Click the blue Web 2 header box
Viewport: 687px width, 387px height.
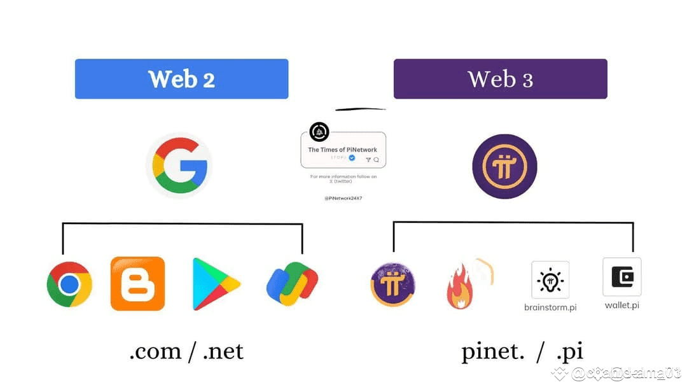pyautogui.click(x=181, y=79)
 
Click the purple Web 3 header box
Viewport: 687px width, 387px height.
pyautogui.click(x=500, y=79)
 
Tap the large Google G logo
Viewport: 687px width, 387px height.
pyautogui.click(x=179, y=165)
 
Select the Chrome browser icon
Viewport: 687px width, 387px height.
pyautogui.click(x=69, y=284)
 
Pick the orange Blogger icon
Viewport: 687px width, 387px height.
pyautogui.click(x=137, y=284)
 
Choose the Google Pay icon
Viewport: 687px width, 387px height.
pyautogui.click(x=293, y=284)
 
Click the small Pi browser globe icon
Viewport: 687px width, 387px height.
pyautogui.click(x=393, y=284)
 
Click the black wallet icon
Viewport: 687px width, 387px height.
pyautogui.click(x=621, y=277)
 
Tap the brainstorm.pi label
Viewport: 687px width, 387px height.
pyautogui.click(x=550, y=307)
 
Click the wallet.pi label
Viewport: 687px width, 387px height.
pyautogui.click(x=621, y=305)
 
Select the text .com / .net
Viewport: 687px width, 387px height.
pyautogui.click(x=186, y=351)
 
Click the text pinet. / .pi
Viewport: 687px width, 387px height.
pyautogui.click(x=522, y=351)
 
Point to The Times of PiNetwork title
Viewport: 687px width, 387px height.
pyautogui.click(x=342, y=150)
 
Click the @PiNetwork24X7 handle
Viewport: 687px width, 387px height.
pyautogui.click(x=343, y=198)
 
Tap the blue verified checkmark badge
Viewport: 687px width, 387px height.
pyautogui.click(x=352, y=157)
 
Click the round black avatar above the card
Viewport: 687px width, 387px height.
pyautogui.click(x=319, y=132)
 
